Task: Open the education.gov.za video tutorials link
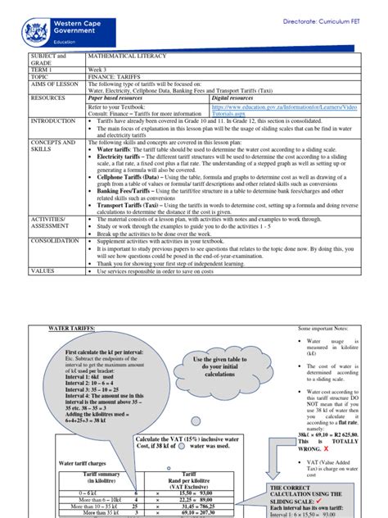point(262,109)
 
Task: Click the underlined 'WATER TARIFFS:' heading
point(72,327)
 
